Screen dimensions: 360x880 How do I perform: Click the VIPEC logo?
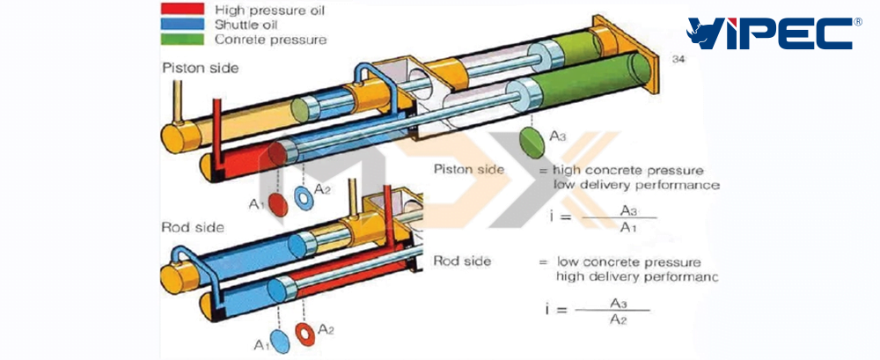[769, 33]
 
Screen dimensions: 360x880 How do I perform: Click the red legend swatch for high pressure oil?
[184, 10]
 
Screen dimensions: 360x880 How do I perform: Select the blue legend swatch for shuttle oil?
[184, 25]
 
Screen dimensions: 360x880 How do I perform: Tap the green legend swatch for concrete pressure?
[184, 40]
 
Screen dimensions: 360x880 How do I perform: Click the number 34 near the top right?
[678, 59]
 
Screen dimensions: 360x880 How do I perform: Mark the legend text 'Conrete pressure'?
[270, 40]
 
